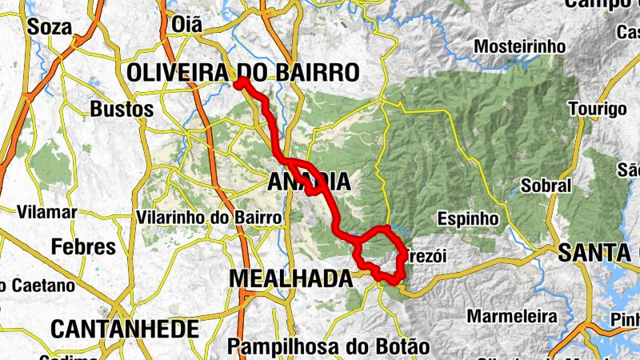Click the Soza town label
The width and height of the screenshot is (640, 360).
click(x=44, y=26)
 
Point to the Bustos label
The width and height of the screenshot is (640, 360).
click(x=122, y=108)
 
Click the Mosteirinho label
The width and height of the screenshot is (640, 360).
click(x=520, y=46)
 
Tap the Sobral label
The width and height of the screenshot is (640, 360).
click(x=546, y=186)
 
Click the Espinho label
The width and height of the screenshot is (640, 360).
click(x=469, y=218)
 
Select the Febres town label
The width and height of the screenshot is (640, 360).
click(x=84, y=246)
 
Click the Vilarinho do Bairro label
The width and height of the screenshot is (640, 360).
click(x=210, y=218)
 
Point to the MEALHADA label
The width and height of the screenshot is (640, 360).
click(x=290, y=278)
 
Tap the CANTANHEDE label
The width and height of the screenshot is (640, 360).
click(x=124, y=328)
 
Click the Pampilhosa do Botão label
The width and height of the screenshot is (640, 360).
click(x=328, y=347)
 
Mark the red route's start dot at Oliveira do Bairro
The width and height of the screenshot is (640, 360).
click(x=240, y=82)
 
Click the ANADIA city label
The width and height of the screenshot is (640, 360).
click(x=308, y=182)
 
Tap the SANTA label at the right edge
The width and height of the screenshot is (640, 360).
click(x=598, y=254)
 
